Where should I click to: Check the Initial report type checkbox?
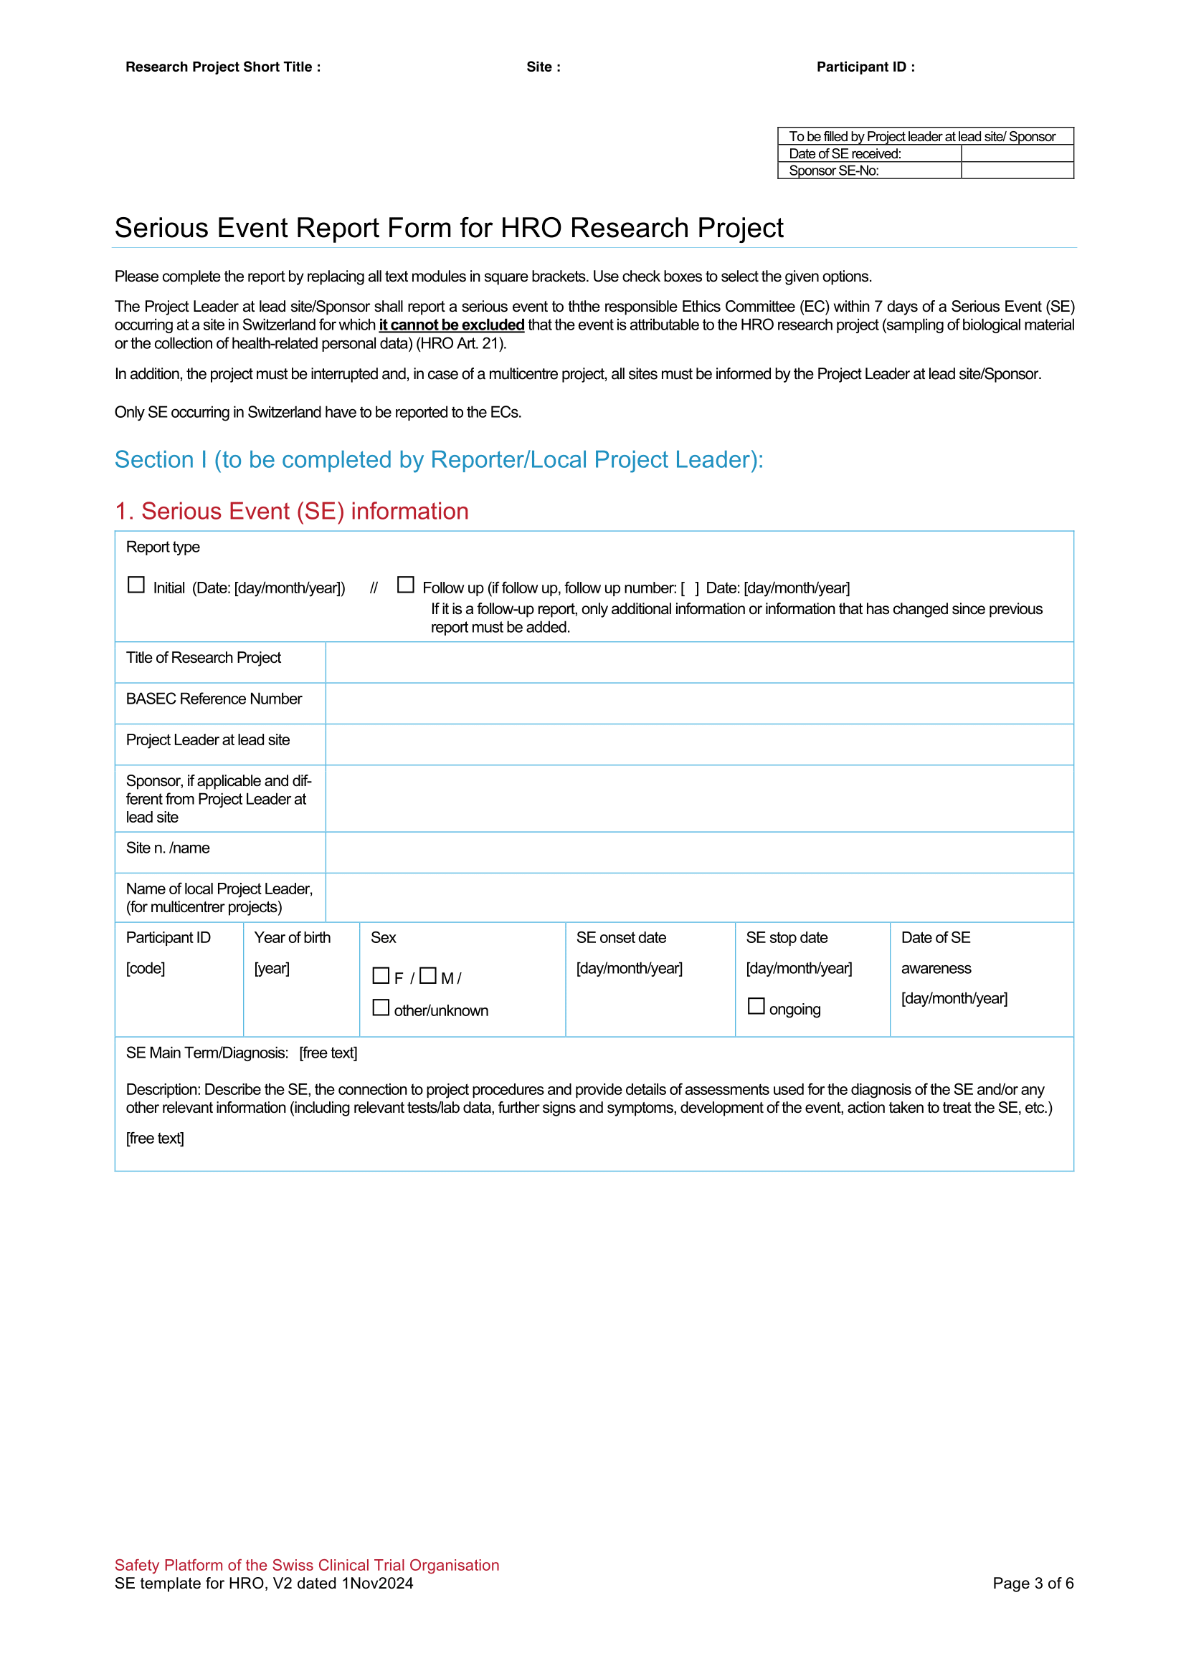[136, 585]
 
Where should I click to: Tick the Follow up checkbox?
[405, 585]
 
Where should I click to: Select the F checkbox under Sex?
[381, 975]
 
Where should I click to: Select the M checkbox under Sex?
[428, 975]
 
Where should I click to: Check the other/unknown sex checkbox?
[381, 1007]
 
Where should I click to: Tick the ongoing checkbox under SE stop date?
[756, 1006]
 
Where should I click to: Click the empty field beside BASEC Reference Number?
[699, 703]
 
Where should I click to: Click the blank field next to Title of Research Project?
[699, 662]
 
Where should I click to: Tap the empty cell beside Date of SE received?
[1017, 153]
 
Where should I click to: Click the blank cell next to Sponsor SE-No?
[1017, 170]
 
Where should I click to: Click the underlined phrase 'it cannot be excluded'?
[451, 325]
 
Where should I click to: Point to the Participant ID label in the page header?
[865, 67]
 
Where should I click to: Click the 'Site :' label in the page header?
[544, 67]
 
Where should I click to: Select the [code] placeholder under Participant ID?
[146, 968]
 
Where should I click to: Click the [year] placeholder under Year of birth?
[272, 968]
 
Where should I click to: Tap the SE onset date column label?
[621, 937]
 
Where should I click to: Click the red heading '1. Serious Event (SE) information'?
[291, 511]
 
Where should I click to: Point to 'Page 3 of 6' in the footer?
[1033, 1583]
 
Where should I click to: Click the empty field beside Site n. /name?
[699, 852]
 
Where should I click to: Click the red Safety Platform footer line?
[307, 1564]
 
